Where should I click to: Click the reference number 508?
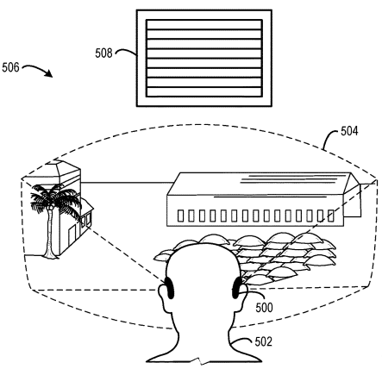click(x=103, y=53)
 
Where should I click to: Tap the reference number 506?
click(x=10, y=67)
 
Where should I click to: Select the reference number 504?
click(x=349, y=131)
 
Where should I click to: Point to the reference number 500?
click(x=264, y=308)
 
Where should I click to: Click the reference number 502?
click(x=263, y=341)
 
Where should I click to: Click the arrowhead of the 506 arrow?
click(x=49, y=74)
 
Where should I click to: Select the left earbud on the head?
click(x=170, y=288)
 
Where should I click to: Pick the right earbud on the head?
click(x=237, y=288)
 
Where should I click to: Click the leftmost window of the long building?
click(x=180, y=216)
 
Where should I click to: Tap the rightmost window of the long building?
click(x=331, y=216)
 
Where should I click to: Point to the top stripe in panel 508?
click(x=204, y=24)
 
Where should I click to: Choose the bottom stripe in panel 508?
click(x=204, y=91)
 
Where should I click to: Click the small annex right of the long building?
click(x=353, y=200)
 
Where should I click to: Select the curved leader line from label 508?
click(x=126, y=52)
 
